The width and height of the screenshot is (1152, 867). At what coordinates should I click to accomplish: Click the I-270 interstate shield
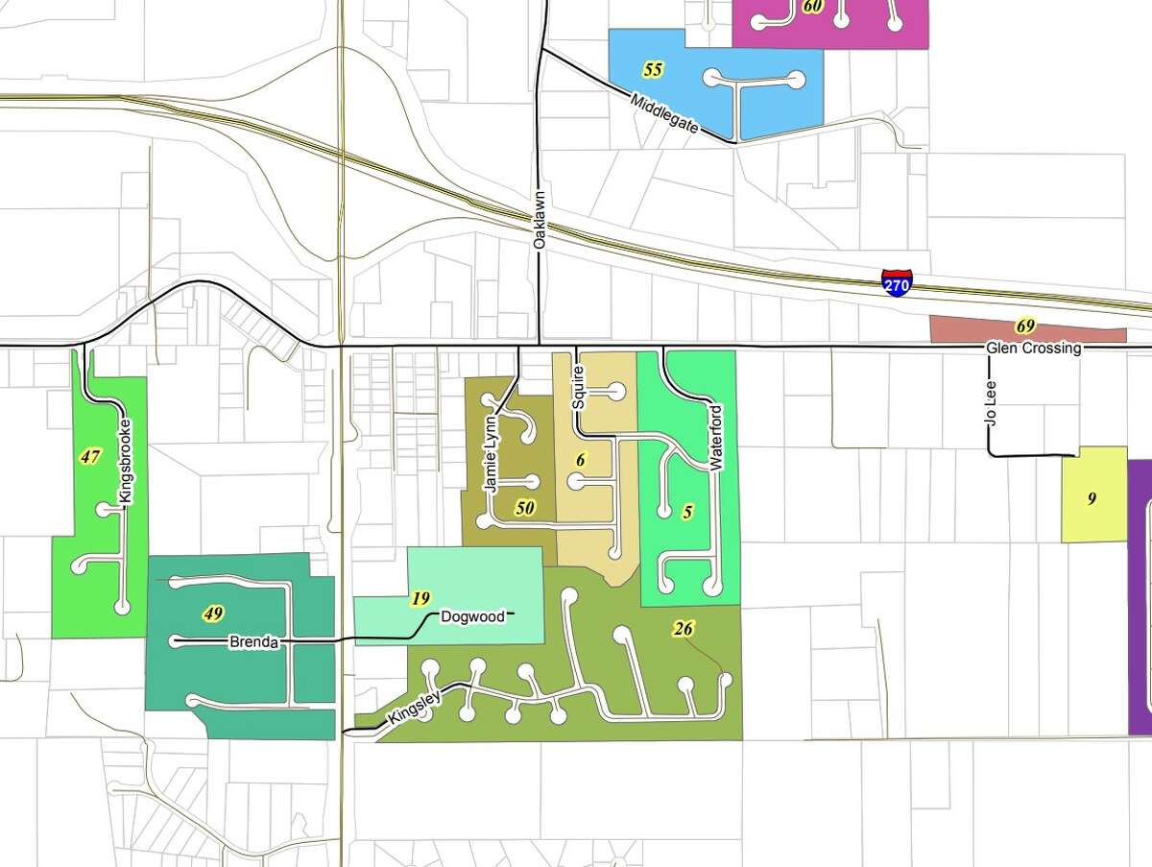(897, 283)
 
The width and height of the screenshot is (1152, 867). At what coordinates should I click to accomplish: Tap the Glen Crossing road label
(1033, 349)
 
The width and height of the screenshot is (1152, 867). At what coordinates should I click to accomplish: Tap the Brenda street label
(253, 642)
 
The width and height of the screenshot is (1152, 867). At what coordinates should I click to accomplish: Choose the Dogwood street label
(472, 616)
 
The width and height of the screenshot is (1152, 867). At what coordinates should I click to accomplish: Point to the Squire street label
(578, 388)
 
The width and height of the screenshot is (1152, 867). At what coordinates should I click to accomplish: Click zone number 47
(90, 457)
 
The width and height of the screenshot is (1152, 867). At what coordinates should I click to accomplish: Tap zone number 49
(214, 613)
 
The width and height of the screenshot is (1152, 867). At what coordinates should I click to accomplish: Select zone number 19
(420, 598)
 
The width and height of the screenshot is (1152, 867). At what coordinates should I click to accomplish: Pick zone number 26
(684, 630)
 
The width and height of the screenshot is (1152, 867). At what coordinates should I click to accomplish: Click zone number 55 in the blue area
(653, 70)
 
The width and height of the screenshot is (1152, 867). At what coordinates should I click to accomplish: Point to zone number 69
(1025, 326)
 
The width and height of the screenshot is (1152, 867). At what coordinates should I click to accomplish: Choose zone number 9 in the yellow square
(1092, 498)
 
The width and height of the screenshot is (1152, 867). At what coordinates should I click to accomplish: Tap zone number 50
(524, 508)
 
